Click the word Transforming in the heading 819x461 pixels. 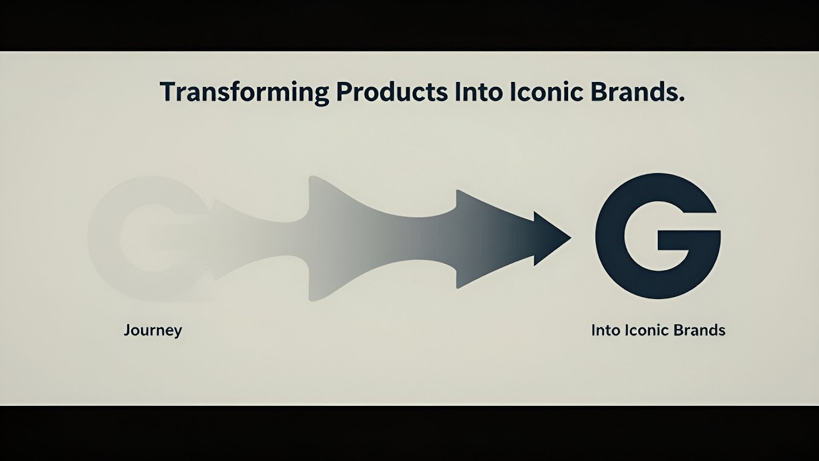(244, 92)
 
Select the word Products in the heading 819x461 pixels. (392, 92)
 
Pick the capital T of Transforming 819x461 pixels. (168, 92)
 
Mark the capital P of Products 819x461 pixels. (343, 92)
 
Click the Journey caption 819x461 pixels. (152, 331)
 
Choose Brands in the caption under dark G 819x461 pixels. (701, 330)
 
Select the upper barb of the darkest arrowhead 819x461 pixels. (536, 214)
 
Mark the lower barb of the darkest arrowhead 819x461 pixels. (536, 263)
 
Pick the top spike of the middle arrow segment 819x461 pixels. (312, 179)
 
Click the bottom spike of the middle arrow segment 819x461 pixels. (312, 298)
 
